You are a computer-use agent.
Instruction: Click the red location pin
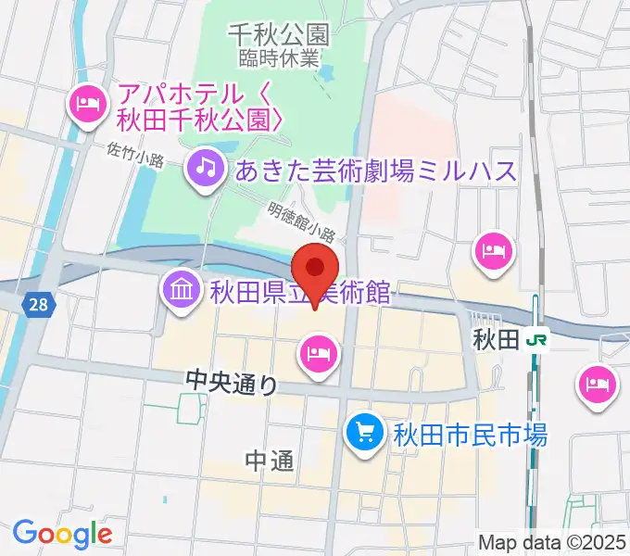click(315, 270)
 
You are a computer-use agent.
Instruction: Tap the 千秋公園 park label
click(278, 35)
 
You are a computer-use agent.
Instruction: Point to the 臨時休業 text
click(278, 57)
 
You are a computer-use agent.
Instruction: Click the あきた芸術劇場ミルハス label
click(375, 170)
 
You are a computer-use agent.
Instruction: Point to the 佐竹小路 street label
click(135, 153)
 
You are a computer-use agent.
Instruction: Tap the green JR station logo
click(536, 339)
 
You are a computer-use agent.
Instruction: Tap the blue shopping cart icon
click(365, 432)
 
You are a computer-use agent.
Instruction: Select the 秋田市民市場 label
click(470, 433)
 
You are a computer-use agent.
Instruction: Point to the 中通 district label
click(271, 461)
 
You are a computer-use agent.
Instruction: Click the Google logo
click(62, 533)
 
